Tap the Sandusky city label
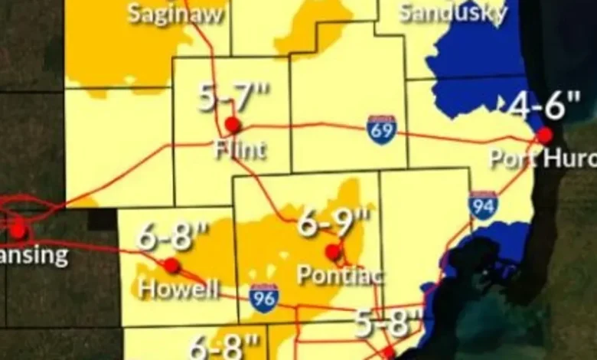453,11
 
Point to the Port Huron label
543,159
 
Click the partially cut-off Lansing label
34,255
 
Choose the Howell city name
178,290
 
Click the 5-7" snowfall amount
235,97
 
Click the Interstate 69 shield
381,129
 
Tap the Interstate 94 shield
483,205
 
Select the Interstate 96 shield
264,297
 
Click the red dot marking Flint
233,125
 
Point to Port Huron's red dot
544,136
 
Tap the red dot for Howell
172,266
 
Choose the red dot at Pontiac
332,251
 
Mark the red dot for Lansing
18,229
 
